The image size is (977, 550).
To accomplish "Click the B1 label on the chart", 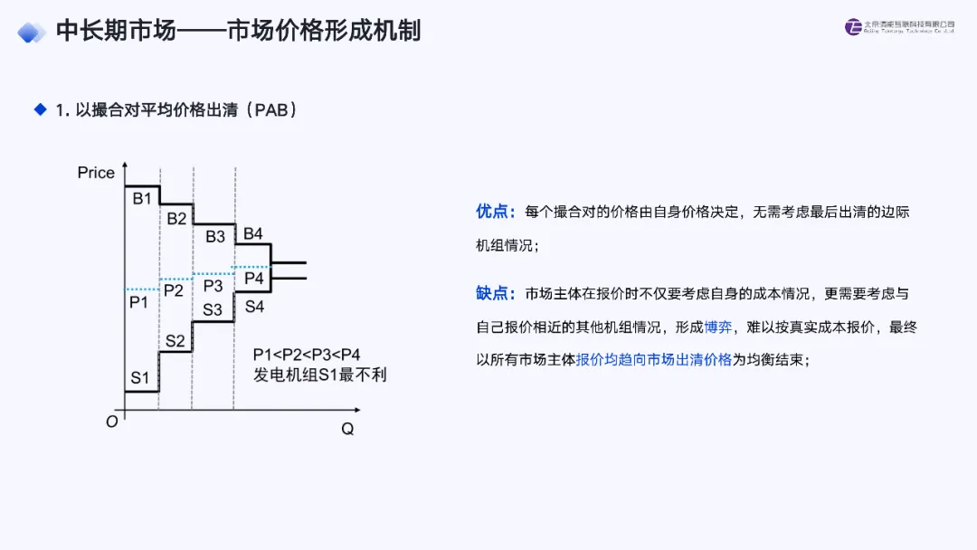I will (142, 199).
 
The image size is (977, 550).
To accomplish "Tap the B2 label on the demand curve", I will (176, 218).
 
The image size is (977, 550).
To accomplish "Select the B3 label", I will (215, 237).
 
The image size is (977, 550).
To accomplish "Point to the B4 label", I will (253, 234).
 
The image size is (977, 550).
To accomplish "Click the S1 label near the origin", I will (139, 378).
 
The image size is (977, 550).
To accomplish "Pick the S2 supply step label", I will (175, 341).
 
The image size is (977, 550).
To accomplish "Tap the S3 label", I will (213, 309).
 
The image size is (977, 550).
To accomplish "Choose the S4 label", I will (255, 307).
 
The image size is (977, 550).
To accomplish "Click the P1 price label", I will (138, 302).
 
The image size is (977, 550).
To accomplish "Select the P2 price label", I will (174, 290).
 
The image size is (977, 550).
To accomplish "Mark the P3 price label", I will (213, 286).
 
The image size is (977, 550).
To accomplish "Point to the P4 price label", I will (254, 279).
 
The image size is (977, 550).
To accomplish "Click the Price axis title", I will (96, 173).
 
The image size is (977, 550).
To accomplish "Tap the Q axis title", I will (346, 429).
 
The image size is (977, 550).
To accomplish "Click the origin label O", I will (111, 422).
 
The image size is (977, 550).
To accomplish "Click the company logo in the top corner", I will (854, 27).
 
